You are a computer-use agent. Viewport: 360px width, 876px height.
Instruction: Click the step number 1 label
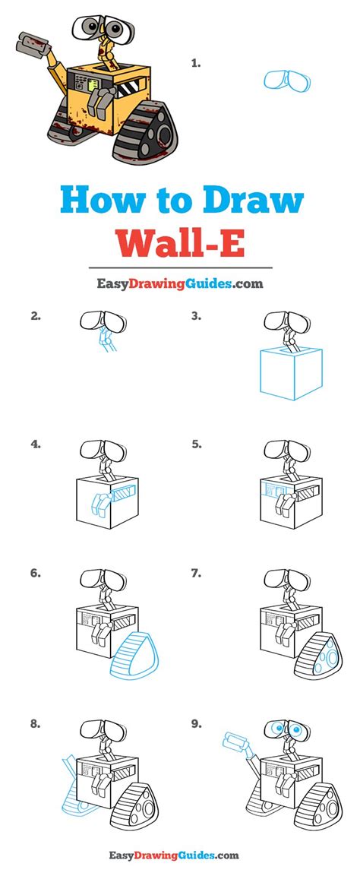[x=195, y=65]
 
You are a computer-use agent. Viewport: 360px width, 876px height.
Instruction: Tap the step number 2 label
[x=35, y=316]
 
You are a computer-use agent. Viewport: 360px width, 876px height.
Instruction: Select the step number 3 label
[x=196, y=316]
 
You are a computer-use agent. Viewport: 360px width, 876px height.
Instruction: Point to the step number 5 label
[x=196, y=444]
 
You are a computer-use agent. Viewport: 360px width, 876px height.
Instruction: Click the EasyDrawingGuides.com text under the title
[x=179, y=283]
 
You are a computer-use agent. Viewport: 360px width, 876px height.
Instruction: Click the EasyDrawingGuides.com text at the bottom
[x=179, y=855]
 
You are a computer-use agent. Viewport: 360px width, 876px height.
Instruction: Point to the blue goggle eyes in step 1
[x=286, y=81]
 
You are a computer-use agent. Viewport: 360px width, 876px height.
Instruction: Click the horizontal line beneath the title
[x=180, y=267]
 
